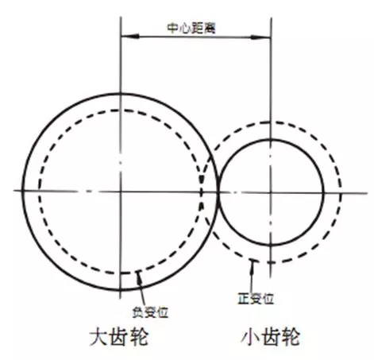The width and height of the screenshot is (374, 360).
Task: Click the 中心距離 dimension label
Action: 191,29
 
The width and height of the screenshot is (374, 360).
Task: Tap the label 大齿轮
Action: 119,336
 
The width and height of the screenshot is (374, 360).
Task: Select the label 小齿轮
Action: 271,336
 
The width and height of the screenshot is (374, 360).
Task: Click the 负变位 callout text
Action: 150,312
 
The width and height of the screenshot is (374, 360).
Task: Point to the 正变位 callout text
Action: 256,299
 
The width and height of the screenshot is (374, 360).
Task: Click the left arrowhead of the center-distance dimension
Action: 130,37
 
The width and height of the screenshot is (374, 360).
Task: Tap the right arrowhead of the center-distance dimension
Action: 260,37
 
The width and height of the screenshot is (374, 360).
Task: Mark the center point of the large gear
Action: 121,192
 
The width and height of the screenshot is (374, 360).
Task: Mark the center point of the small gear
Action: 271,192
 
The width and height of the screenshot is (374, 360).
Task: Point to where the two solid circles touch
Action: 218,192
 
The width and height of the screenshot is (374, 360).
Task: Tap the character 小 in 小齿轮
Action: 250,336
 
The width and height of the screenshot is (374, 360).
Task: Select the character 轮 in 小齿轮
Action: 291,336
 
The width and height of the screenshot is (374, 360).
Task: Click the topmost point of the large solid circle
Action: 121,94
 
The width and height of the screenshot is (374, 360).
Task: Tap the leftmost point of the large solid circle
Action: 23,191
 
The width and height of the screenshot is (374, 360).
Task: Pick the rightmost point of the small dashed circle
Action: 341,193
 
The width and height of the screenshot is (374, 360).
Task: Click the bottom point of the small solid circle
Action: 271,246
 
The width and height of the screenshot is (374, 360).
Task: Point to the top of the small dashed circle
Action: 271,122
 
